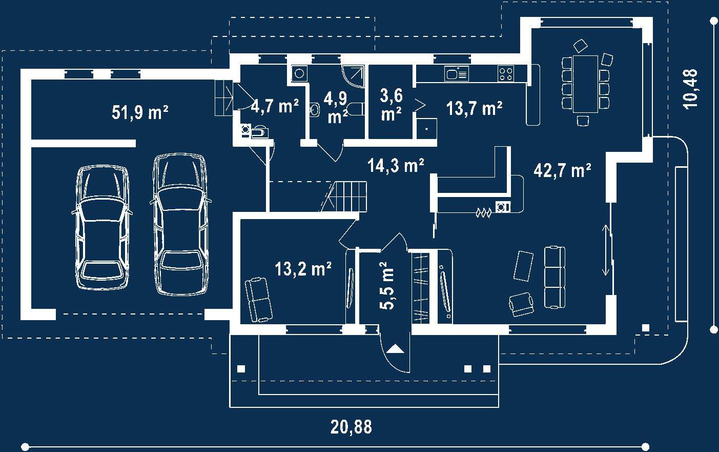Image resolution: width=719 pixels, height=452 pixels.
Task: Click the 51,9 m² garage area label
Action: coord(140,112)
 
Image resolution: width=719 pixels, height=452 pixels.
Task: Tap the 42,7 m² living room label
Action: coord(562,170)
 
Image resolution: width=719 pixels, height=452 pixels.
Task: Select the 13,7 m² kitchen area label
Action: coord(475,109)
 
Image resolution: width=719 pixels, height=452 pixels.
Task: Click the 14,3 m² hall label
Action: coord(396,165)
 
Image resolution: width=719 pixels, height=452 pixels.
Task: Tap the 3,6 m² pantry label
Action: coord(391,105)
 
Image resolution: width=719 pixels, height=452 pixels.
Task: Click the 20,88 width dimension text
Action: coord(351,427)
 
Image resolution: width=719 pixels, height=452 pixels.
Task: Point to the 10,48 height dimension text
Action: coord(690,89)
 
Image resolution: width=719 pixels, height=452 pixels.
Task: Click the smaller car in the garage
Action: coord(102,227)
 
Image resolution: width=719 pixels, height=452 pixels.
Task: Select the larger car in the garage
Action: coord(181,224)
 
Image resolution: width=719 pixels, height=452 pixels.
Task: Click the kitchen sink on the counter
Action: coord(457,73)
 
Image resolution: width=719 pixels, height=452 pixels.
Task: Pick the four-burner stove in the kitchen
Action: coord(506,73)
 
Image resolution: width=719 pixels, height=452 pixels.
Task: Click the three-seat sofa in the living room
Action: coord(554,278)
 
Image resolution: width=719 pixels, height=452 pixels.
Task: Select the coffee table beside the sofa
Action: coord(524,266)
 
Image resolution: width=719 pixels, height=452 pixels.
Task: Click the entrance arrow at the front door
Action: coord(395,348)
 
